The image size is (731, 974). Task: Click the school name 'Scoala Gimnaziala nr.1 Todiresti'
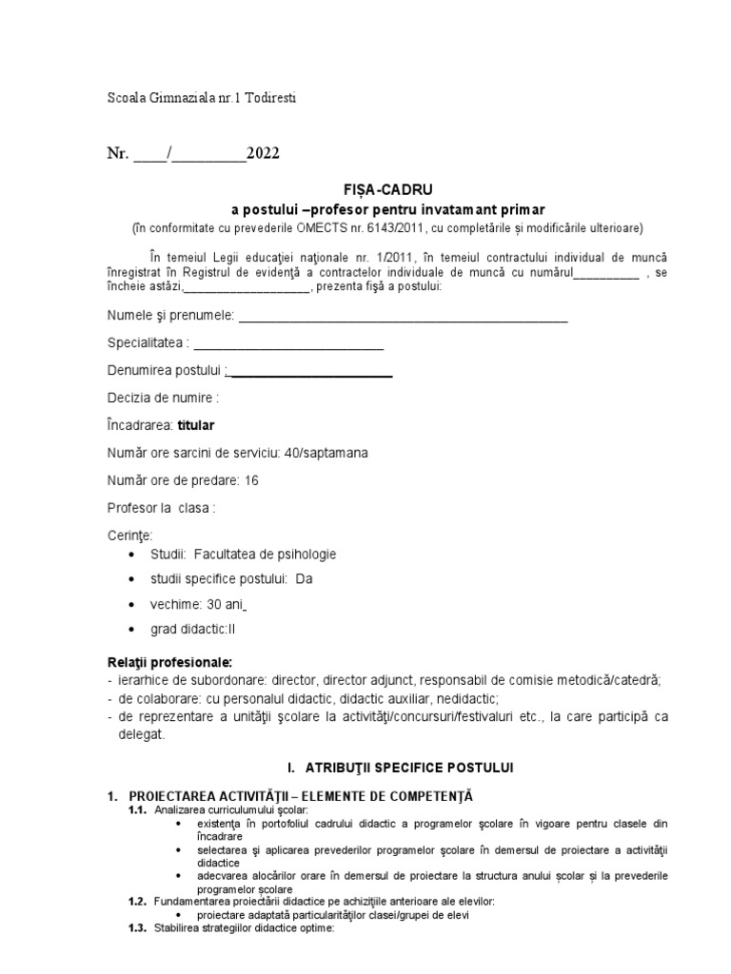point(203,98)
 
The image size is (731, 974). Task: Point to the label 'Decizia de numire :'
point(164,398)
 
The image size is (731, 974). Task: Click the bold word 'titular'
point(203,425)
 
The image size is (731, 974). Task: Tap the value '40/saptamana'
point(326,453)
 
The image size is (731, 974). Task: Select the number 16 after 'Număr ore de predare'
point(252,480)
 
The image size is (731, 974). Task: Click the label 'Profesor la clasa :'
point(162,508)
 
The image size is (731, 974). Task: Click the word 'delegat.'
point(142,734)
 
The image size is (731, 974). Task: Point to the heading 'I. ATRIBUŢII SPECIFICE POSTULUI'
point(387,767)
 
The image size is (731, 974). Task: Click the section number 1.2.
point(137,901)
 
